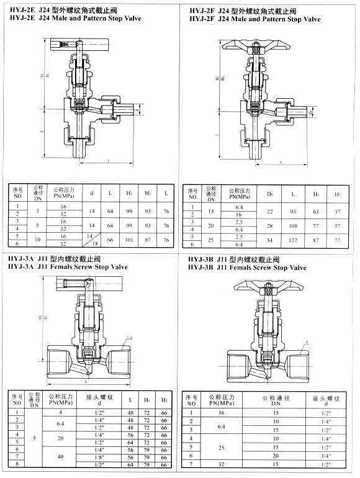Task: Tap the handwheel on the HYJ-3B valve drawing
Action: click(x=267, y=286)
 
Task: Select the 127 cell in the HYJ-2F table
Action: click(x=292, y=240)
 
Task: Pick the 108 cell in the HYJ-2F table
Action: click(x=292, y=225)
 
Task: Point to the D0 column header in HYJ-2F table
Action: click(x=270, y=194)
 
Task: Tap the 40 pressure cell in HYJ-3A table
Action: click(x=61, y=456)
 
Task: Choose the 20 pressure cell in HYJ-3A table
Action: click(x=61, y=438)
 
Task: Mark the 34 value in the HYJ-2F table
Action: click(x=270, y=240)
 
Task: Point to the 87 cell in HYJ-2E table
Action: click(x=148, y=240)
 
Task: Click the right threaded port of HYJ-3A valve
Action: click(x=122, y=360)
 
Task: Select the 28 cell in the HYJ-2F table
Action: click(x=270, y=225)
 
